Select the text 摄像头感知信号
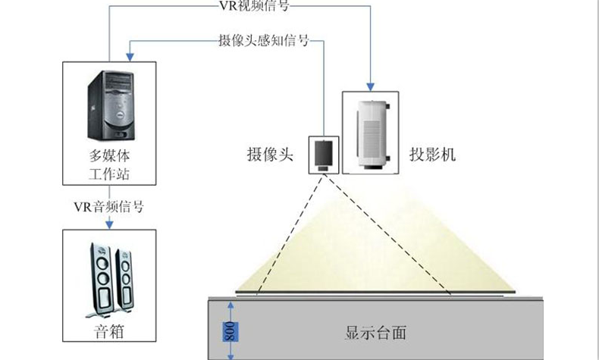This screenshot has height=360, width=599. tap(263, 39)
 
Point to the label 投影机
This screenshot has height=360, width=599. tap(431, 155)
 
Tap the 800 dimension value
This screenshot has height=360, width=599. tap(228, 331)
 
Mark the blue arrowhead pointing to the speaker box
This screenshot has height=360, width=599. tap(111, 223)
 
